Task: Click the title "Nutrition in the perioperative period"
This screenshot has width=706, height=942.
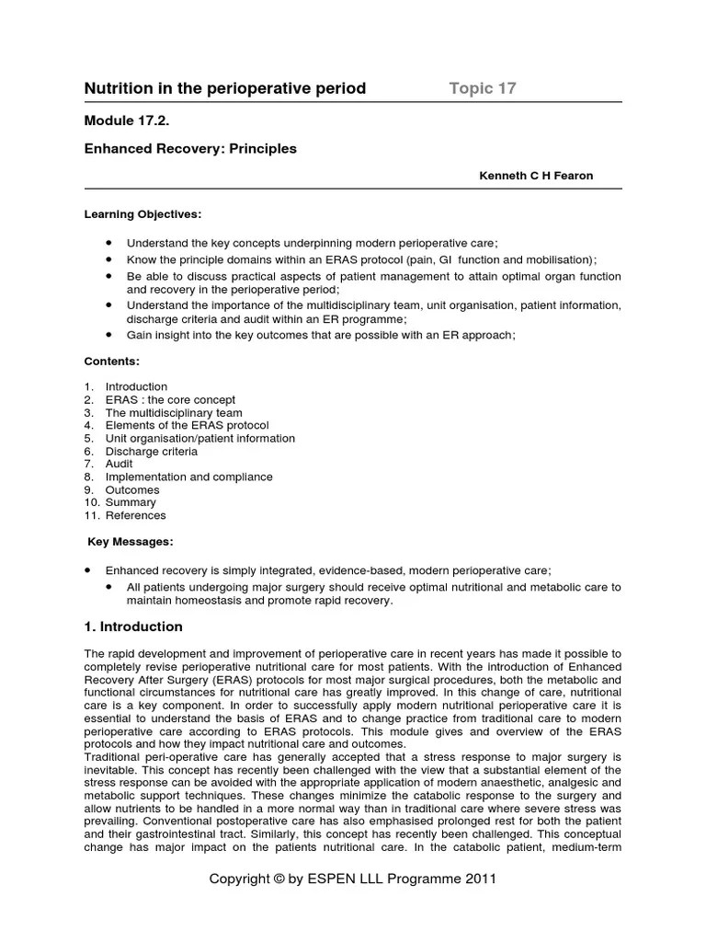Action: coord(225,88)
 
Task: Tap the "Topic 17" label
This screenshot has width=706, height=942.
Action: coord(483,88)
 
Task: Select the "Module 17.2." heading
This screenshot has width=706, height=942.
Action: coord(128,121)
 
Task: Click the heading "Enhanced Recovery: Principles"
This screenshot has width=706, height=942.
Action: coord(190,148)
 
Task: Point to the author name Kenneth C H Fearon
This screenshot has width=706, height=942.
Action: coord(536,176)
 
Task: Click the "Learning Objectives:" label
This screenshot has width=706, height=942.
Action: coord(142,213)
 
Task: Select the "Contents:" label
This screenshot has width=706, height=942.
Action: coord(112,362)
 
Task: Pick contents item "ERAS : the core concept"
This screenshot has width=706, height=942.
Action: coord(170,400)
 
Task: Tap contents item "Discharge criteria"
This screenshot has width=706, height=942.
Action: coord(151,452)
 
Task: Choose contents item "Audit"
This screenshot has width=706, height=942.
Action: coord(120,465)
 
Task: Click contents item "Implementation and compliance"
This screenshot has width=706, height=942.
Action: coord(188,477)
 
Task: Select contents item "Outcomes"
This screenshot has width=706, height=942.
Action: coord(132,490)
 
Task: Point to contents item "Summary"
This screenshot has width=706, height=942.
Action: coord(131,503)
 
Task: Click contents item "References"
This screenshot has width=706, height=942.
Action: coord(135,516)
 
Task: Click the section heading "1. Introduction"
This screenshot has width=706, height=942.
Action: coord(133,626)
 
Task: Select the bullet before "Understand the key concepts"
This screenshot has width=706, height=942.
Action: coord(109,242)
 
